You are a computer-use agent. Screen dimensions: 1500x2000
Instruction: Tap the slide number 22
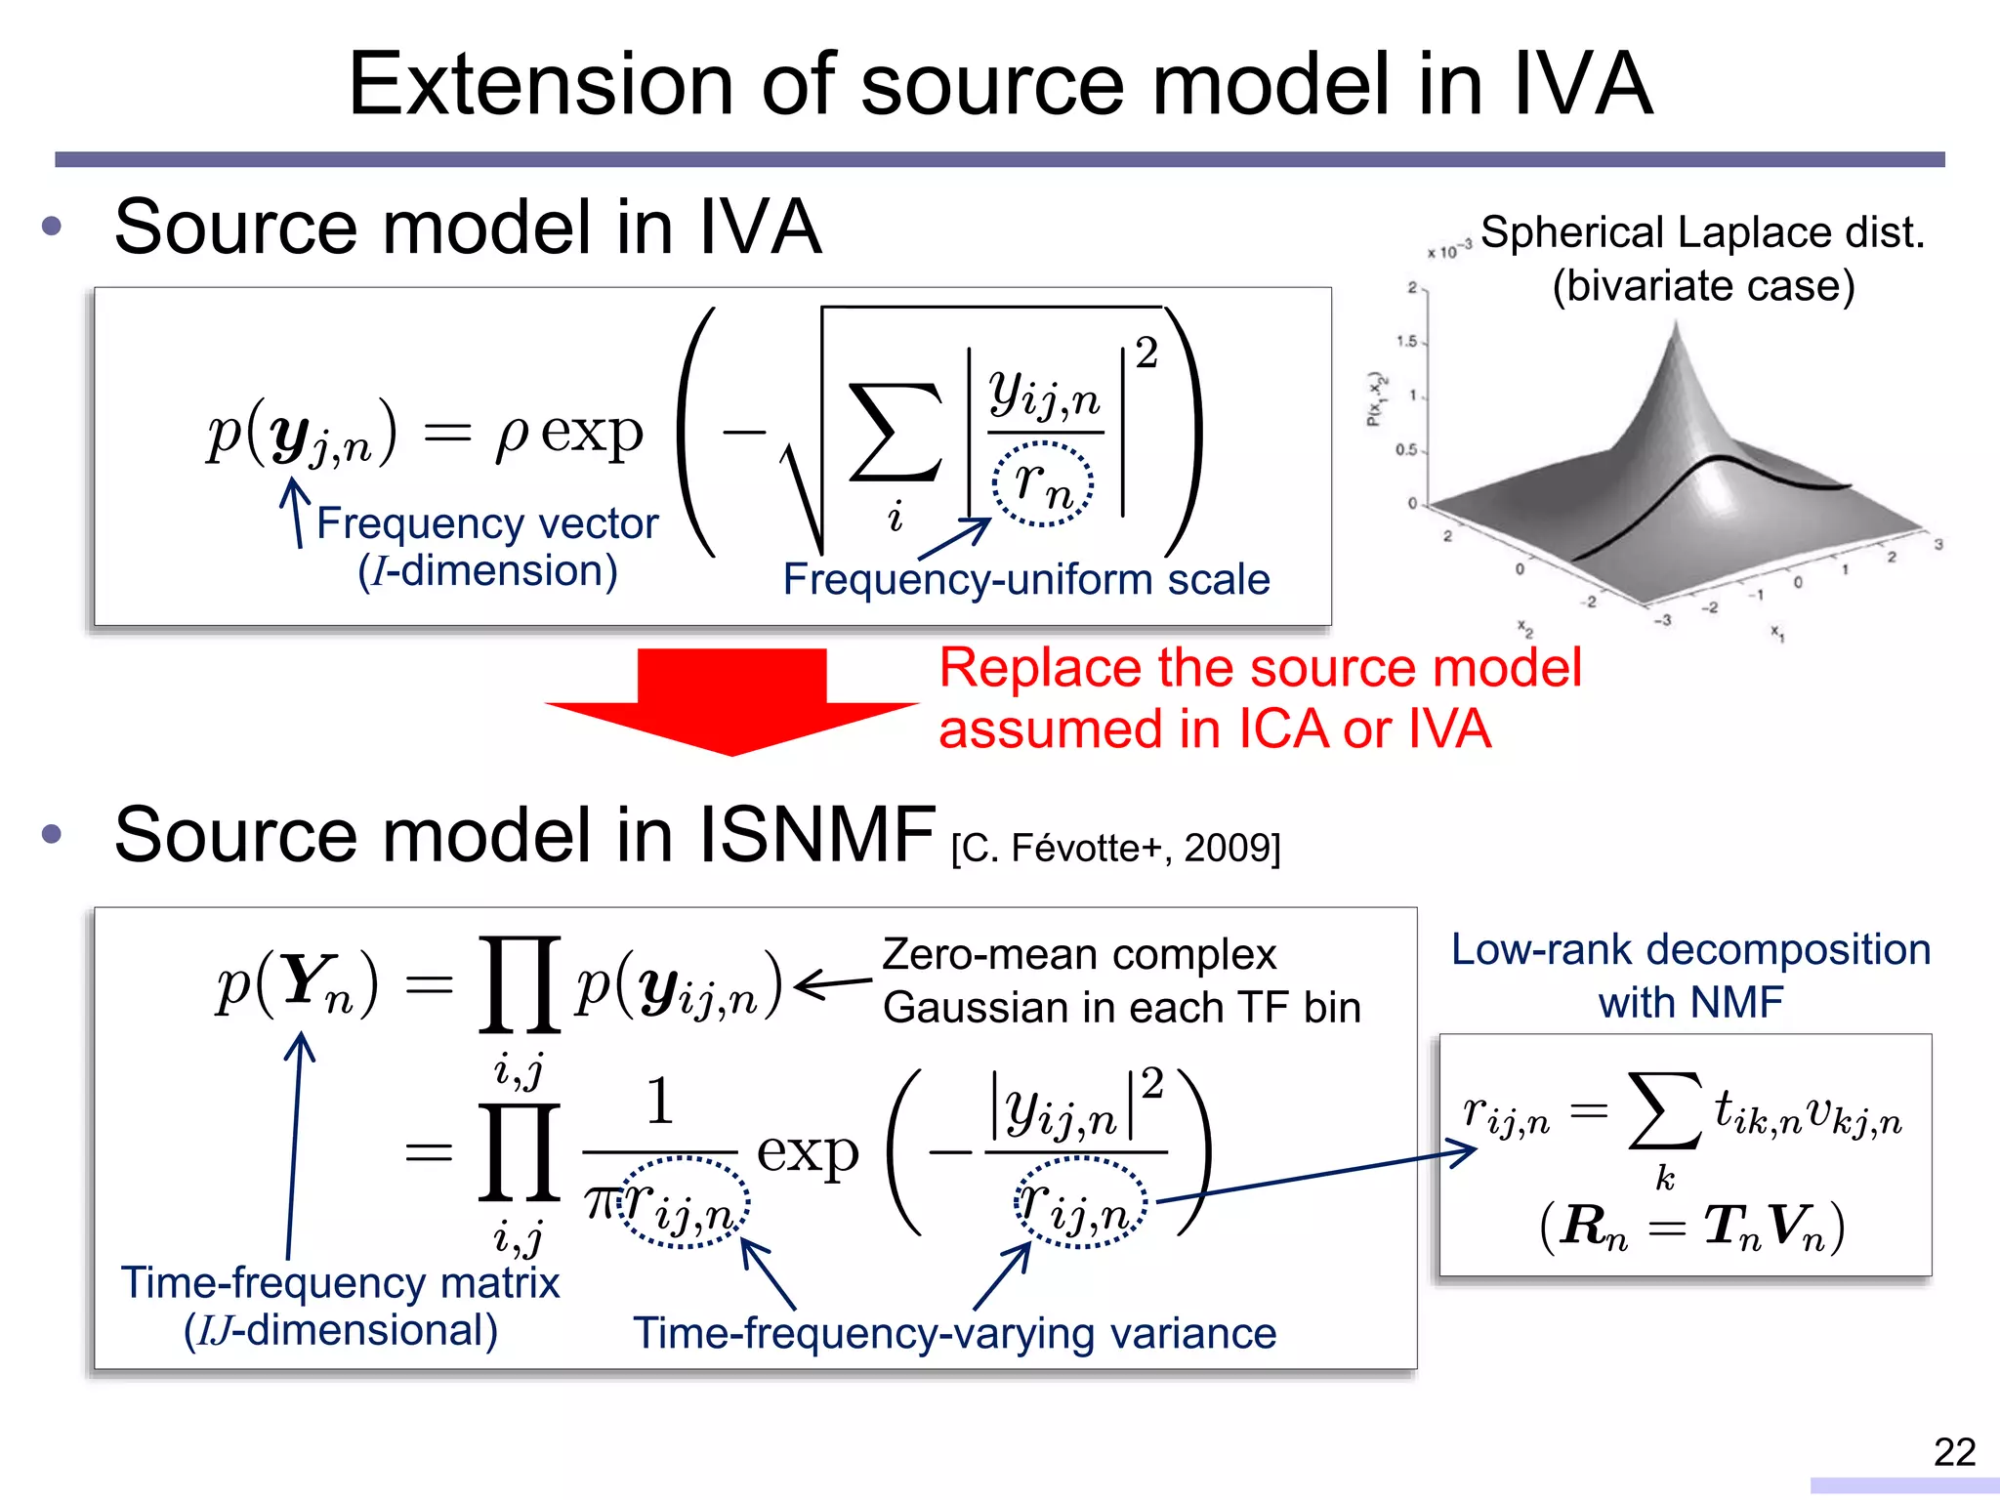tap(1954, 1452)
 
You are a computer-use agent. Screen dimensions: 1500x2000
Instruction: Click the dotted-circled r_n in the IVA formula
tap(1043, 483)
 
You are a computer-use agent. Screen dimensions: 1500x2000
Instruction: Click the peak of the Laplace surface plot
tap(1676, 332)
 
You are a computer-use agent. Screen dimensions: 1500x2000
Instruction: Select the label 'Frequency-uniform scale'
tap(1025, 579)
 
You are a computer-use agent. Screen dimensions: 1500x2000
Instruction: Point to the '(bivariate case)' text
tap(1703, 285)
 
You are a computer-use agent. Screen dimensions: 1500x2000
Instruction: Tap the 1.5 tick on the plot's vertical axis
tap(1407, 342)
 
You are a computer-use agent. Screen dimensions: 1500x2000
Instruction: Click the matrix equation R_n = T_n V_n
tap(1691, 1227)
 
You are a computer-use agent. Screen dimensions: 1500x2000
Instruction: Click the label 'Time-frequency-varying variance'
tap(954, 1333)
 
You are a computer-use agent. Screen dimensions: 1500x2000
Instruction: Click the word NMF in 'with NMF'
tap(1738, 1002)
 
